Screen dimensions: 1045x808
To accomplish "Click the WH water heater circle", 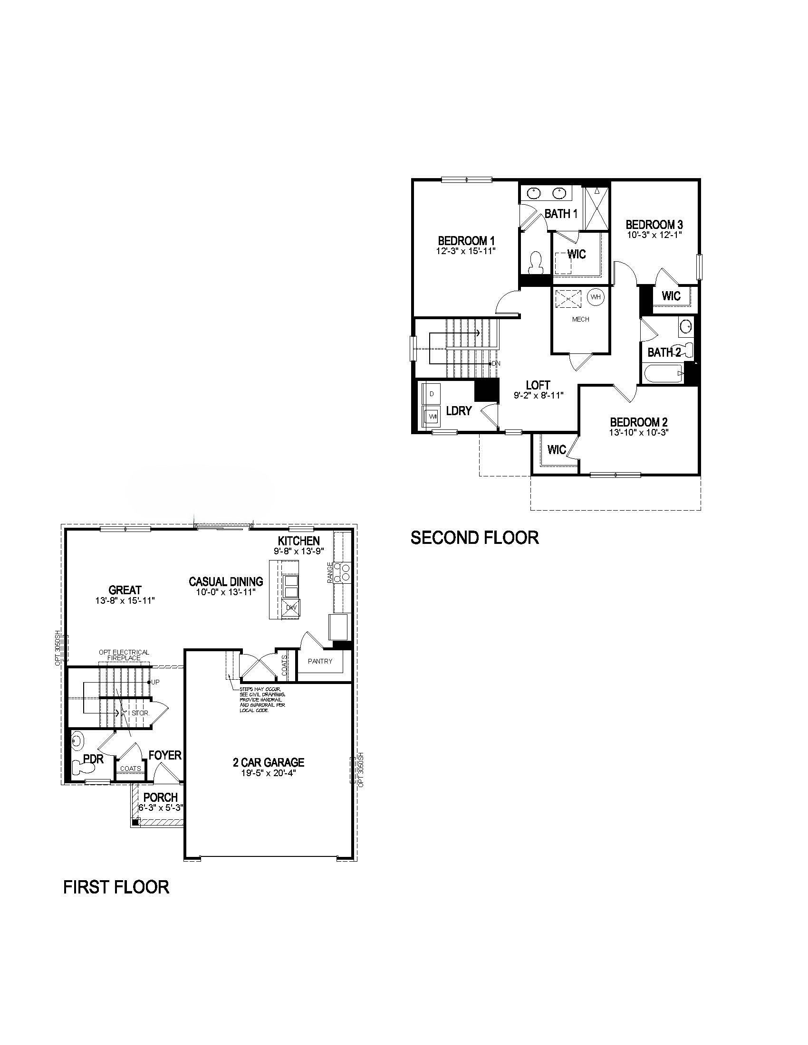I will (x=596, y=297).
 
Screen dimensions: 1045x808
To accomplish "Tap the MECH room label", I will (x=581, y=319).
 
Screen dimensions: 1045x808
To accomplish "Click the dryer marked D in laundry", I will (x=432, y=394).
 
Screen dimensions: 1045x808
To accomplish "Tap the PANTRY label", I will (x=320, y=661).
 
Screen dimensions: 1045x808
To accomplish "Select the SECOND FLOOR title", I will (x=474, y=538).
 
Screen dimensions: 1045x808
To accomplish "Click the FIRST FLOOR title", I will (x=116, y=887).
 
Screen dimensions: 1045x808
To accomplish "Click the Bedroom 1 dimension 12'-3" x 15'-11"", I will (x=466, y=251).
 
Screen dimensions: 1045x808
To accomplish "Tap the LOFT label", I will (x=538, y=385).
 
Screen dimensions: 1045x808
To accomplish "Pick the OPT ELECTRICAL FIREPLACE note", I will (x=124, y=655).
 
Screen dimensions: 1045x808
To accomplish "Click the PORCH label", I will (x=160, y=797).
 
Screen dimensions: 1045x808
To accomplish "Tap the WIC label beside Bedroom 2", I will (x=556, y=450).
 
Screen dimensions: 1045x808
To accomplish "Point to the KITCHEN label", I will (x=299, y=541).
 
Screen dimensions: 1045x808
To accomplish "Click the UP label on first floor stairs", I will (x=155, y=682).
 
